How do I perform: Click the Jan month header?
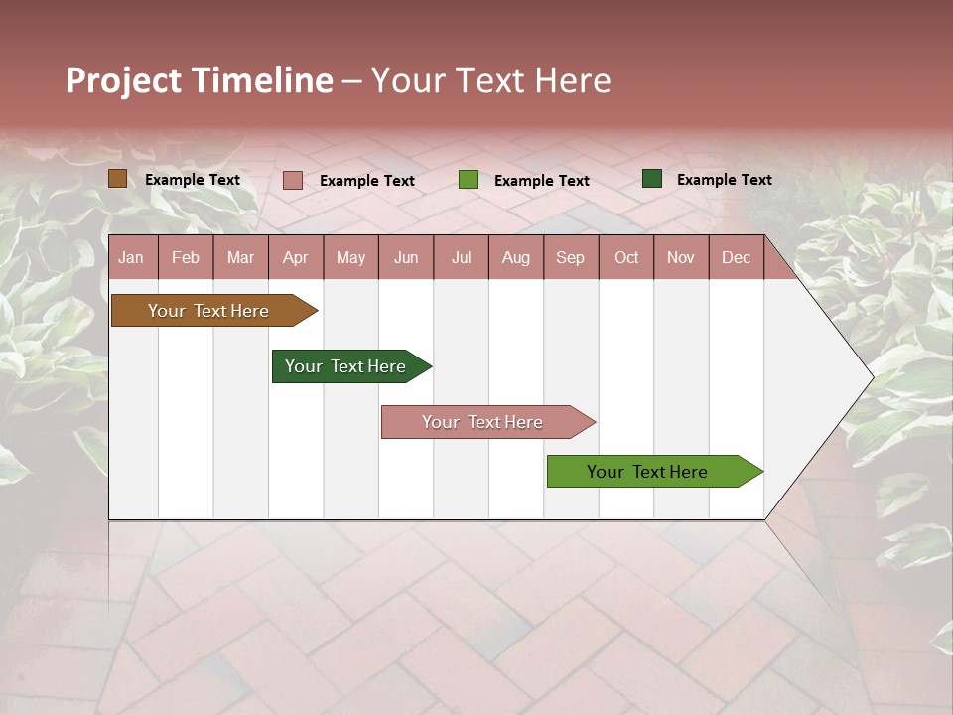(131, 257)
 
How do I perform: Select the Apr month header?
(295, 257)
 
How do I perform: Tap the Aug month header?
(515, 257)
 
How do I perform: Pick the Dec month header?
(736, 257)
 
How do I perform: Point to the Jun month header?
(405, 257)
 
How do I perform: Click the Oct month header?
(625, 257)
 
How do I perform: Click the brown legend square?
(117, 179)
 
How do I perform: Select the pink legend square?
(292, 180)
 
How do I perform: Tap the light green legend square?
(469, 180)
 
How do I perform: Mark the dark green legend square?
(651, 179)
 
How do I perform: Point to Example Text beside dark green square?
(724, 179)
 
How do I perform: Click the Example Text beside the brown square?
(192, 179)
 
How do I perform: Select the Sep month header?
(570, 257)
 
